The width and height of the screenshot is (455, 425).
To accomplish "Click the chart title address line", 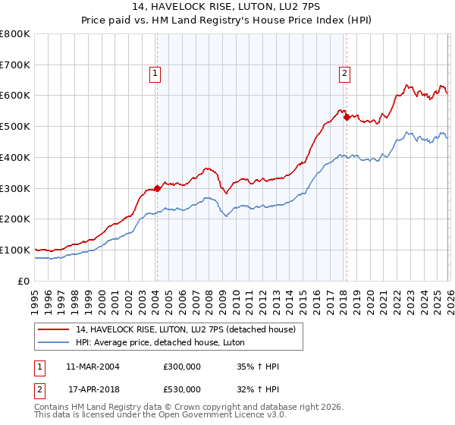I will click(x=227, y=7).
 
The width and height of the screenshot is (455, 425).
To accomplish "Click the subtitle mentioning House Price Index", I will click(x=227, y=20).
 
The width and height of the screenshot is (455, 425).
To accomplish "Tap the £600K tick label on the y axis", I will click(x=15, y=96).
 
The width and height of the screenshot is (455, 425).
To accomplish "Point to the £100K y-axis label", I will click(x=15, y=250).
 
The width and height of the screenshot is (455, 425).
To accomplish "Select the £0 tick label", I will click(x=23, y=281).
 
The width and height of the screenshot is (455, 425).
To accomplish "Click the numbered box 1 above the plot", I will click(x=155, y=74).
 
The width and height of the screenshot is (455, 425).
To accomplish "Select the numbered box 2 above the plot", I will click(x=344, y=74).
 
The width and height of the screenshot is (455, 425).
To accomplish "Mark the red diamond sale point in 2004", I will click(x=157, y=188).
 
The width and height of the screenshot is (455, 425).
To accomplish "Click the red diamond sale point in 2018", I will click(x=346, y=117).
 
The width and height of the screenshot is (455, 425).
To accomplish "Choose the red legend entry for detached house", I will click(x=190, y=329).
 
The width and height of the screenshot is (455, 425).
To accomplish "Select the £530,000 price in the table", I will click(x=181, y=389).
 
